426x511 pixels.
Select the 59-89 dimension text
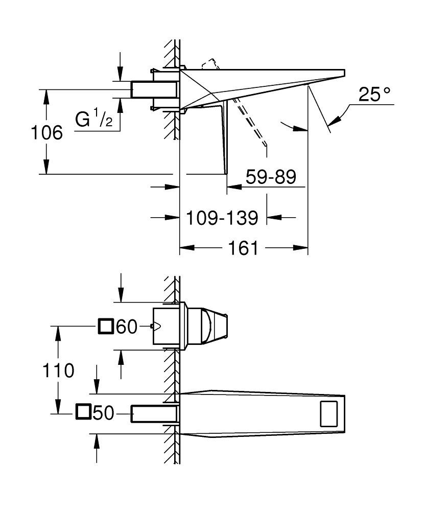(271, 177)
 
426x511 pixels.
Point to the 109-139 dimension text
(221, 218)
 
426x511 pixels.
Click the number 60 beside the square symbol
(127, 327)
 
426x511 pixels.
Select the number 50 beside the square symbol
(103, 412)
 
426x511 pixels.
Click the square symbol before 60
(106, 326)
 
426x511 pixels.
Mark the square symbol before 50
(83, 412)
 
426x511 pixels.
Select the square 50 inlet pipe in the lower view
(153, 413)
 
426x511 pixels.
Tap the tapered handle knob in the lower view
(210, 327)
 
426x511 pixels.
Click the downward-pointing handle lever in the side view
(223, 138)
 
